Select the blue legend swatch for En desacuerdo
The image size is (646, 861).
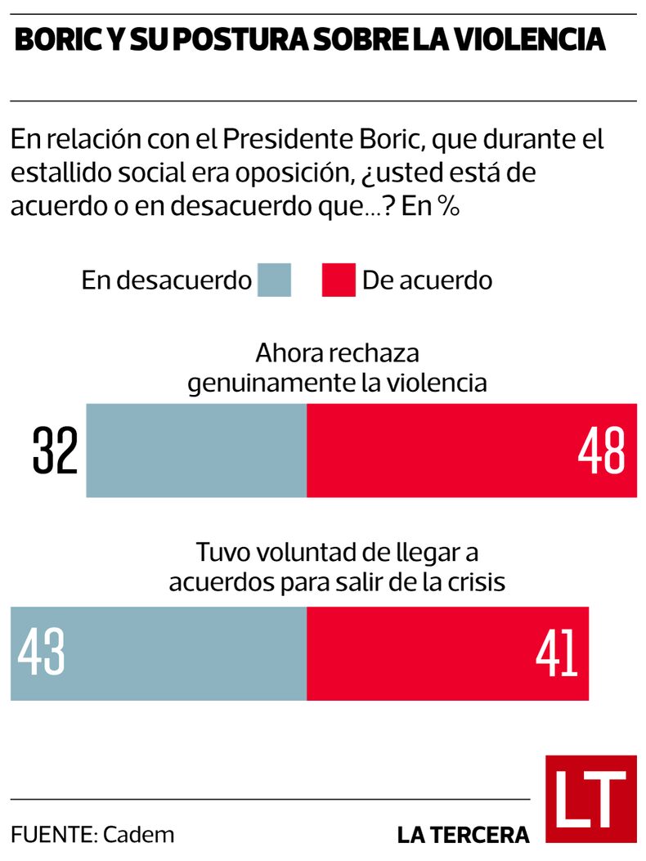click(274, 280)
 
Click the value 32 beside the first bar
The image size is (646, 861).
click(55, 451)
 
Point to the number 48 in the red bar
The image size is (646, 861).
click(601, 451)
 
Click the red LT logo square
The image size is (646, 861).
click(590, 799)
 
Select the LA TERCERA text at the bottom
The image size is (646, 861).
click(463, 835)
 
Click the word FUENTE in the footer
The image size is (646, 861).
click(53, 835)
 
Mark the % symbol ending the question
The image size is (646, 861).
click(446, 207)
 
